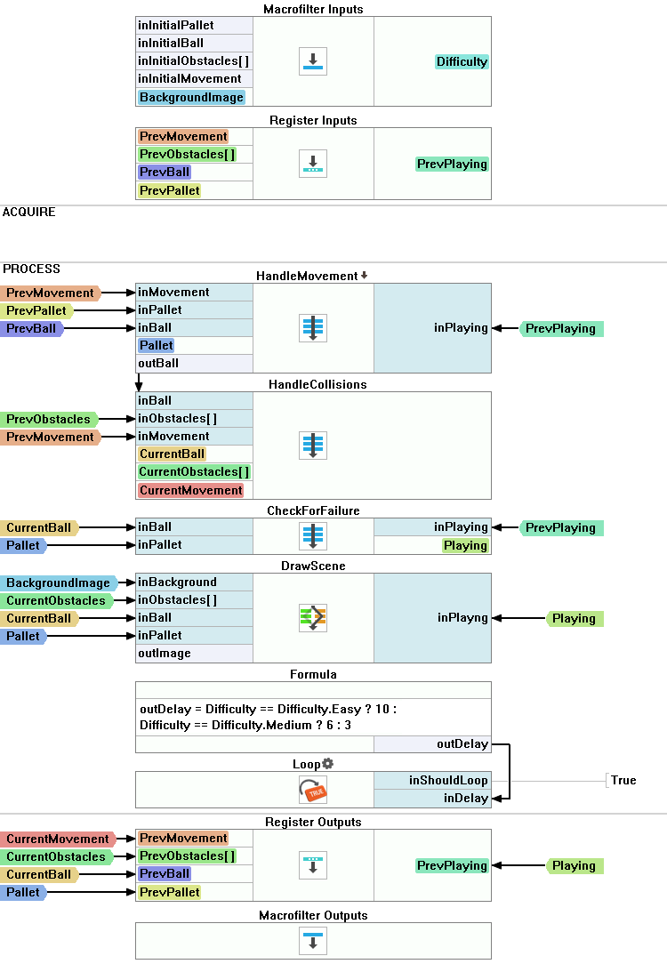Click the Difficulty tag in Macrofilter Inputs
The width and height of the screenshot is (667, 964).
[x=462, y=61]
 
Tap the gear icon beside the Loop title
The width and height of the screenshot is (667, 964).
[x=327, y=764]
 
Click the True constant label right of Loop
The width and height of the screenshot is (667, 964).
[x=623, y=780]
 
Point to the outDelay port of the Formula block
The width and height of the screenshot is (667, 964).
[x=462, y=744]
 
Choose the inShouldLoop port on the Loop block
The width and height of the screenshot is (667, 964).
[x=448, y=780]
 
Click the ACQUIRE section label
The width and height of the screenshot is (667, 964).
[x=29, y=212]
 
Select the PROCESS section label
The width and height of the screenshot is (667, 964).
[x=32, y=269]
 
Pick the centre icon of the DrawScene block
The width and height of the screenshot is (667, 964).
[x=313, y=617]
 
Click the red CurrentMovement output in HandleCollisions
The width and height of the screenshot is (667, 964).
[x=190, y=490]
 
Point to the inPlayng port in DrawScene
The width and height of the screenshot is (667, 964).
[x=462, y=617]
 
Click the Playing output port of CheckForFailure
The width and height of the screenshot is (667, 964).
[x=465, y=545]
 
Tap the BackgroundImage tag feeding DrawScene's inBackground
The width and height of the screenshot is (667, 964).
[x=59, y=582]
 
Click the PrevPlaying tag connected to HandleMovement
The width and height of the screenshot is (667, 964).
[x=560, y=328]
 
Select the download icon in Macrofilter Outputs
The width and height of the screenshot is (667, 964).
[x=313, y=940]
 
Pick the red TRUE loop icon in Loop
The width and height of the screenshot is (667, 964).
[x=313, y=789]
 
